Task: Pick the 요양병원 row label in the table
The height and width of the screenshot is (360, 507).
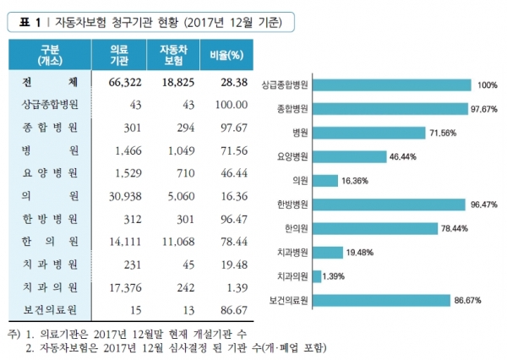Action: tap(50, 172)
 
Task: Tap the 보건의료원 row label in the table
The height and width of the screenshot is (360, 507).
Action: tap(50, 310)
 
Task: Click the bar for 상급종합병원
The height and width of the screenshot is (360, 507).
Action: tap(391, 85)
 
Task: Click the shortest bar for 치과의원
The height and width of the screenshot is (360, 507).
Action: tap(315, 275)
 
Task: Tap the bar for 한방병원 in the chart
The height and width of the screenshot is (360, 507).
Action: tap(389, 204)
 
